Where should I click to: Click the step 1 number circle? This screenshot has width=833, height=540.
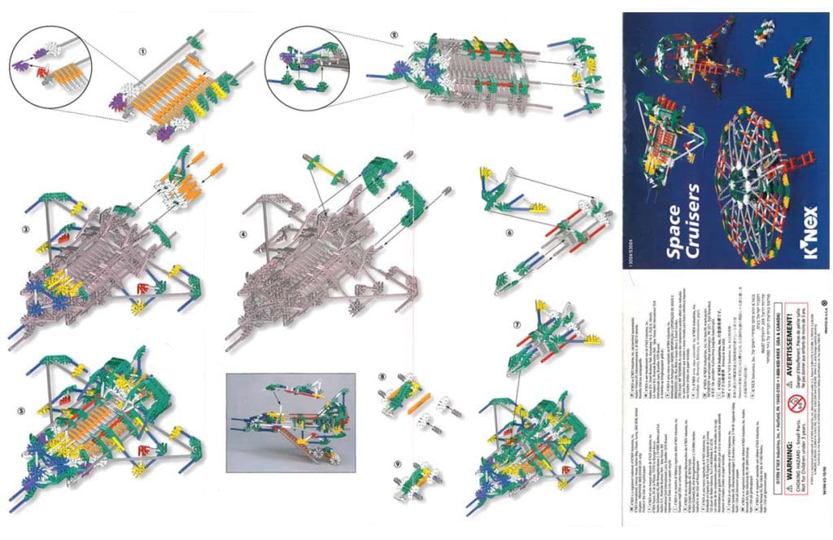[x=142, y=50]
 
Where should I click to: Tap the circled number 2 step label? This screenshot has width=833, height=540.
[x=394, y=35]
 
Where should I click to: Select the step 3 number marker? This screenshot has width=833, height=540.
[x=26, y=230]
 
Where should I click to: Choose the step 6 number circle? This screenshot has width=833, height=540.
[x=509, y=233]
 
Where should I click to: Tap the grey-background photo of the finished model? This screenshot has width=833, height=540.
[x=290, y=423]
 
